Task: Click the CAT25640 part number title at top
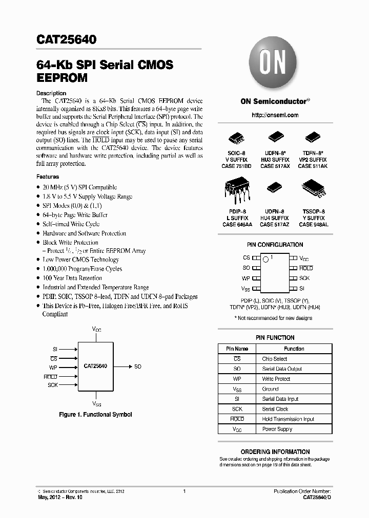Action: (x=67, y=39)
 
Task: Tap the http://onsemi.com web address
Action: (x=275, y=116)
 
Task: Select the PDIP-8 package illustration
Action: (x=235, y=190)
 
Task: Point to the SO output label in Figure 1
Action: (x=138, y=366)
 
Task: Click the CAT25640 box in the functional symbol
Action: (x=95, y=366)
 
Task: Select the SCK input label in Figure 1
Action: (x=53, y=384)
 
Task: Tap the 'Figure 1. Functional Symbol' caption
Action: (x=95, y=414)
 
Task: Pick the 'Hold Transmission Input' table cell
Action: (x=288, y=419)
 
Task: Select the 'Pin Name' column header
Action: (x=237, y=349)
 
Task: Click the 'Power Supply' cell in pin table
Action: (x=277, y=429)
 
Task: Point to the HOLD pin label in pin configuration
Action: (x=306, y=268)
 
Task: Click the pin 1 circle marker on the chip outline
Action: (x=266, y=260)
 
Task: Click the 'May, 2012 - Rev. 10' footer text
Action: (x=60, y=497)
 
